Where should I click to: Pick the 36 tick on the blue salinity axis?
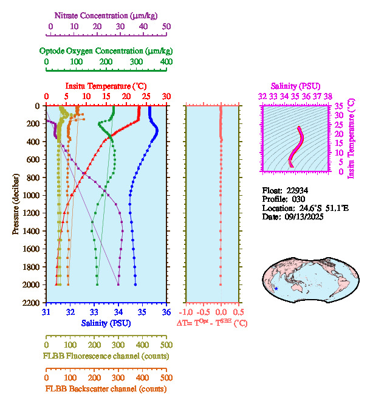point(166,312)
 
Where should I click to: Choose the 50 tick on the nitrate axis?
point(166,27)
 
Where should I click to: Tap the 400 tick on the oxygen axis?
point(166,62)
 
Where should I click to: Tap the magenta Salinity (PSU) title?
point(295,86)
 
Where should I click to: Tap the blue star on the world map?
point(276,288)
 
